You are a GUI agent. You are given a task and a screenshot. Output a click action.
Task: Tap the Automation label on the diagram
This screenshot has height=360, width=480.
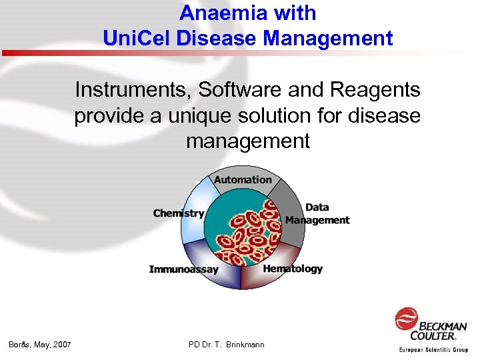pos(243,179)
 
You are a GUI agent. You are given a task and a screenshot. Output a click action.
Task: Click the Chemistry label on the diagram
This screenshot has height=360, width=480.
pos(178,213)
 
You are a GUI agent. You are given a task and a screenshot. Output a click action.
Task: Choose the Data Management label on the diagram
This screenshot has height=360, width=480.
pos(317,214)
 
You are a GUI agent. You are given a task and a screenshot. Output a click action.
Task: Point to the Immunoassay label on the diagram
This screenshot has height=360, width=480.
pos(183,269)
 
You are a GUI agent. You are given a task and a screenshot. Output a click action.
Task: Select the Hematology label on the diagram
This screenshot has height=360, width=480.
pos(293,269)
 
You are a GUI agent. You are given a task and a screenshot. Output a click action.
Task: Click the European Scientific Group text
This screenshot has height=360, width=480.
pos(433,349)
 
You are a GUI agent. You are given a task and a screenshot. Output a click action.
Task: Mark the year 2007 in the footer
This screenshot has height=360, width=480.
pos(60,345)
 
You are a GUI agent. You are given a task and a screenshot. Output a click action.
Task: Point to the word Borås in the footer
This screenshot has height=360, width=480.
pos(20,345)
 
